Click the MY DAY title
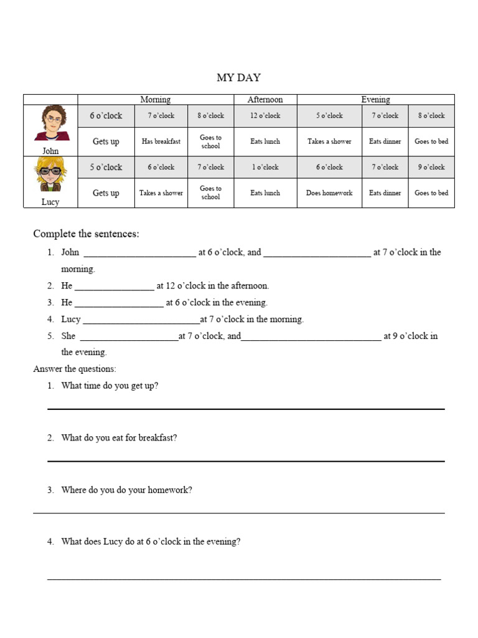(x=239, y=78)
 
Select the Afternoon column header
(x=265, y=100)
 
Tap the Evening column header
(x=375, y=100)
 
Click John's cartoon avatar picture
(x=50, y=124)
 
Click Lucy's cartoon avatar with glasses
(x=50, y=175)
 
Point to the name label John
(x=50, y=151)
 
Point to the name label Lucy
(x=50, y=202)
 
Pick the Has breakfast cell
(x=161, y=141)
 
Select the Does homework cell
(x=329, y=193)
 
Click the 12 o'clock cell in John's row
(x=265, y=116)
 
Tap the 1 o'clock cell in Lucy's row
(x=265, y=168)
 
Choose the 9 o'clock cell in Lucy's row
(x=431, y=168)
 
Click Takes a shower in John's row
(x=329, y=141)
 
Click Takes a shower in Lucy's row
(x=161, y=193)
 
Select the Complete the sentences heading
(x=86, y=234)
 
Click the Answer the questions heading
(x=75, y=369)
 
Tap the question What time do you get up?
(x=110, y=386)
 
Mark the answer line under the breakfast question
(x=246, y=460)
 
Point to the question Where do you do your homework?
(x=126, y=490)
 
